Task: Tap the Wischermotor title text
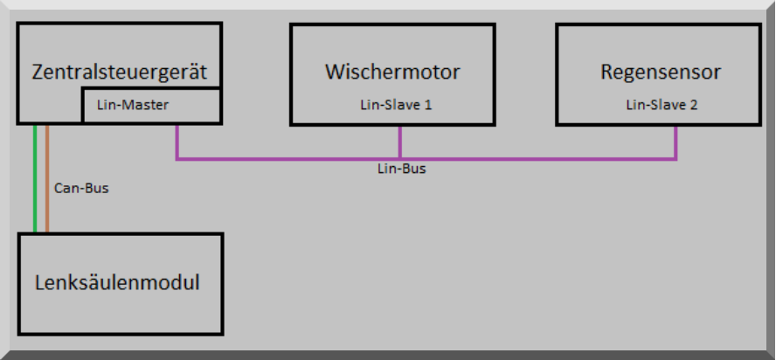click(392, 72)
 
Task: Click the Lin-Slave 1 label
click(396, 106)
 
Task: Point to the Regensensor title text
click(661, 72)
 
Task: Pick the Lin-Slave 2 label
click(662, 106)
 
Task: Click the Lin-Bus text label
click(401, 169)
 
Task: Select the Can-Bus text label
click(81, 188)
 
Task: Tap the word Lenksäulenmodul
click(117, 283)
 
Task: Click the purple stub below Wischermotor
click(400, 142)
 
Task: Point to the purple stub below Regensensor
click(676, 142)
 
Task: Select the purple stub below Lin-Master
click(177, 142)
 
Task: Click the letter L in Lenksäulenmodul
click(39, 283)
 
